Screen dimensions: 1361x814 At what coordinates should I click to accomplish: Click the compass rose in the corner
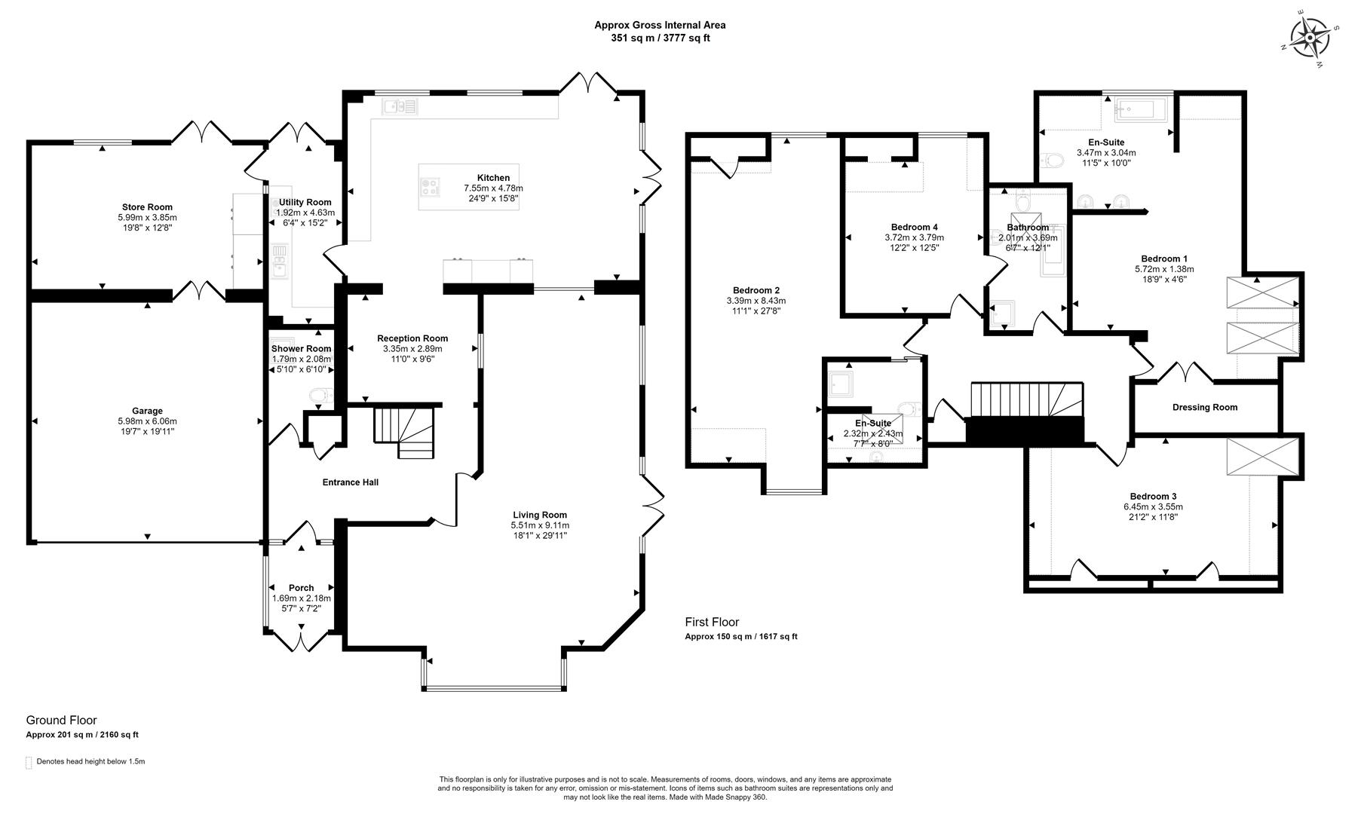tap(1310, 37)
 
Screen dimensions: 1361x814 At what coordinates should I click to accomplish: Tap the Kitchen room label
tap(493, 178)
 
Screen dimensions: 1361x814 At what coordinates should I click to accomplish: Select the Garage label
tap(147, 411)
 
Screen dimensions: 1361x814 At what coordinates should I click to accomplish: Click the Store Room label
tap(147, 207)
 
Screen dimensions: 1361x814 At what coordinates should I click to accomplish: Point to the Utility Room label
tap(305, 203)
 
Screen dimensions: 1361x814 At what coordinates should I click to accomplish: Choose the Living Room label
tap(539, 516)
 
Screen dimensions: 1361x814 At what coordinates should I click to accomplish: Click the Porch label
tap(301, 588)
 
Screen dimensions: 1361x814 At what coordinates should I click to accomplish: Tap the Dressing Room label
tap(1205, 408)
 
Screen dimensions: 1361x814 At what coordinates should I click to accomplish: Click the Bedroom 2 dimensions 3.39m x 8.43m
tap(756, 301)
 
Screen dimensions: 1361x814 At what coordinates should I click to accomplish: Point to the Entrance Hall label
tap(350, 482)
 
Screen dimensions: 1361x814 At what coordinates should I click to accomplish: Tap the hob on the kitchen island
tap(431, 187)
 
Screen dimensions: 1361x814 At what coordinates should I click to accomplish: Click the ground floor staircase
tap(405, 432)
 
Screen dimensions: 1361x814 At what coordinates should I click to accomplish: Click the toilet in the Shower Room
tap(320, 396)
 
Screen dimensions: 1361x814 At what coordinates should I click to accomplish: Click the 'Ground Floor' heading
tap(62, 721)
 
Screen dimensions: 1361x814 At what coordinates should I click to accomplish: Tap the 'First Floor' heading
tap(712, 623)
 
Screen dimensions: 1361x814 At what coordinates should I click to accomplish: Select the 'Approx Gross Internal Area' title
tap(660, 25)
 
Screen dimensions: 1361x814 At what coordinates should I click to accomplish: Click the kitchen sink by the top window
tap(400, 107)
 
